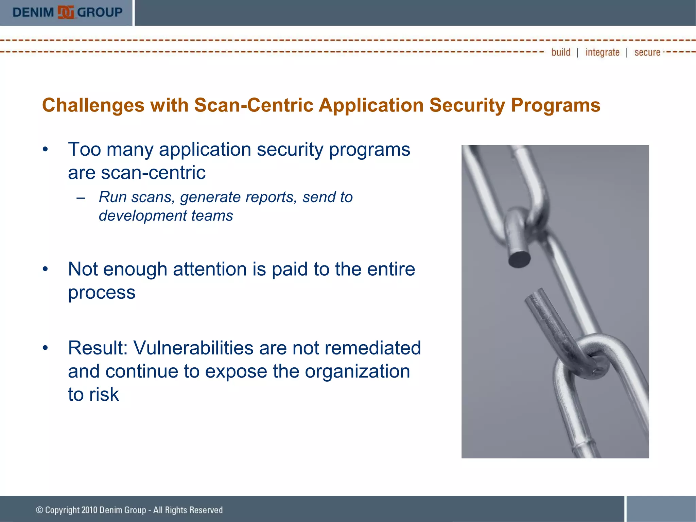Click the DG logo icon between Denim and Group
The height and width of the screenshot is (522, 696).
pos(66,13)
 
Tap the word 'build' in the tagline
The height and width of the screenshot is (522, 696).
pos(561,52)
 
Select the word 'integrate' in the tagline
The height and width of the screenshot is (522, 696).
pos(602,52)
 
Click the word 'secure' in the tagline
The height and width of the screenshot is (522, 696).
pos(647,52)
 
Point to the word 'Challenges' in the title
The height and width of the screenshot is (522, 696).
pos(93,105)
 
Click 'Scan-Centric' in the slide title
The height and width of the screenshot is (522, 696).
pos(254,105)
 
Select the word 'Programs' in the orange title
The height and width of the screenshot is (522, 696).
pos(555,105)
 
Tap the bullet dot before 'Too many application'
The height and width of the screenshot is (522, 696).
pos(45,150)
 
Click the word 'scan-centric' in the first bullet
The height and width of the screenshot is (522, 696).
pos(153,173)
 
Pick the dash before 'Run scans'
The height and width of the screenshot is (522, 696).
pos(81,197)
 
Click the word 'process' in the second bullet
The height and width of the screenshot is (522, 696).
pos(102,293)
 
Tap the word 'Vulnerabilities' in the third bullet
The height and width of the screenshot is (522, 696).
pos(193,348)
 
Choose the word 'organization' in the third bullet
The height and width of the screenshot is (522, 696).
pos(357,371)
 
